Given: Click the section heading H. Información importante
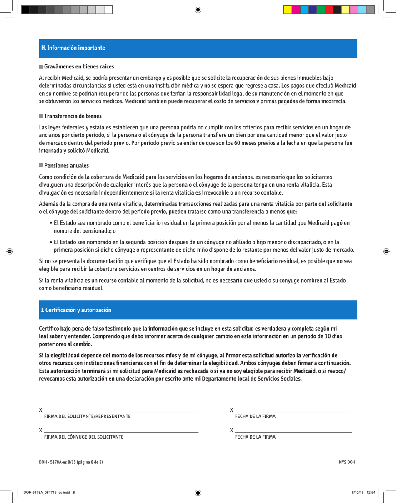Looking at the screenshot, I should tap(73, 48).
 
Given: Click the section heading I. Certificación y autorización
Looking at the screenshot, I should tap(76, 311).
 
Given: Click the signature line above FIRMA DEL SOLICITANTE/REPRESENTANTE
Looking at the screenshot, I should tap(121, 412).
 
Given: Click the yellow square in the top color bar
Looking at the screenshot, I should tap(287, 10).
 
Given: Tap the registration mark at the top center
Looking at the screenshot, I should tap(198, 9).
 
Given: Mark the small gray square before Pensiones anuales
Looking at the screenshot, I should tap(41, 166).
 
